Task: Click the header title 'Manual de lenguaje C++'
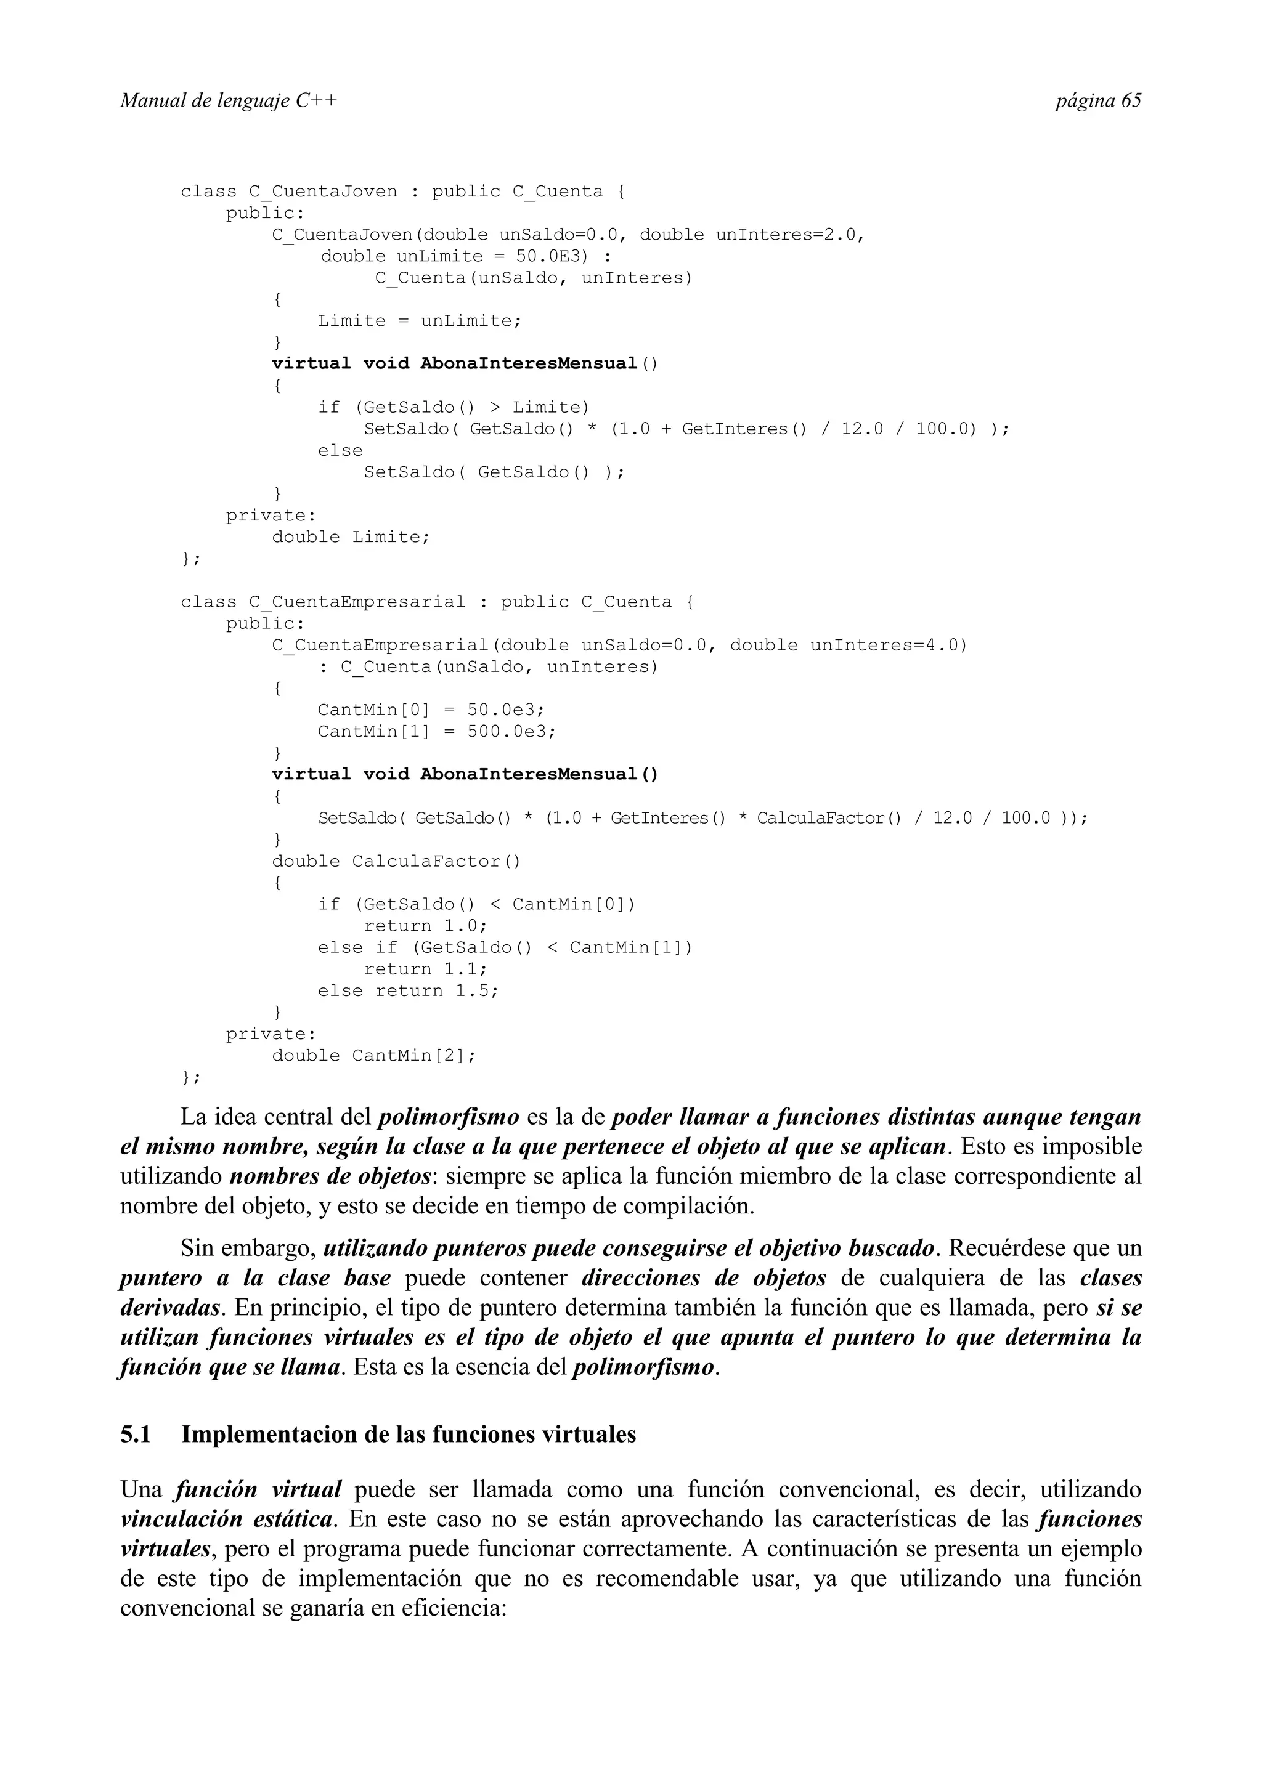pyautogui.click(x=229, y=101)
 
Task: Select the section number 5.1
pyautogui.click(x=136, y=1435)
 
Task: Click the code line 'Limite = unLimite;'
pyautogui.click(x=419, y=321)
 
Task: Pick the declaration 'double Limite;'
pyautogui.click(x=351, y=537)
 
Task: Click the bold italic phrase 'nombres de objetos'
pyautogui.click(x=330, y=1177)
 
